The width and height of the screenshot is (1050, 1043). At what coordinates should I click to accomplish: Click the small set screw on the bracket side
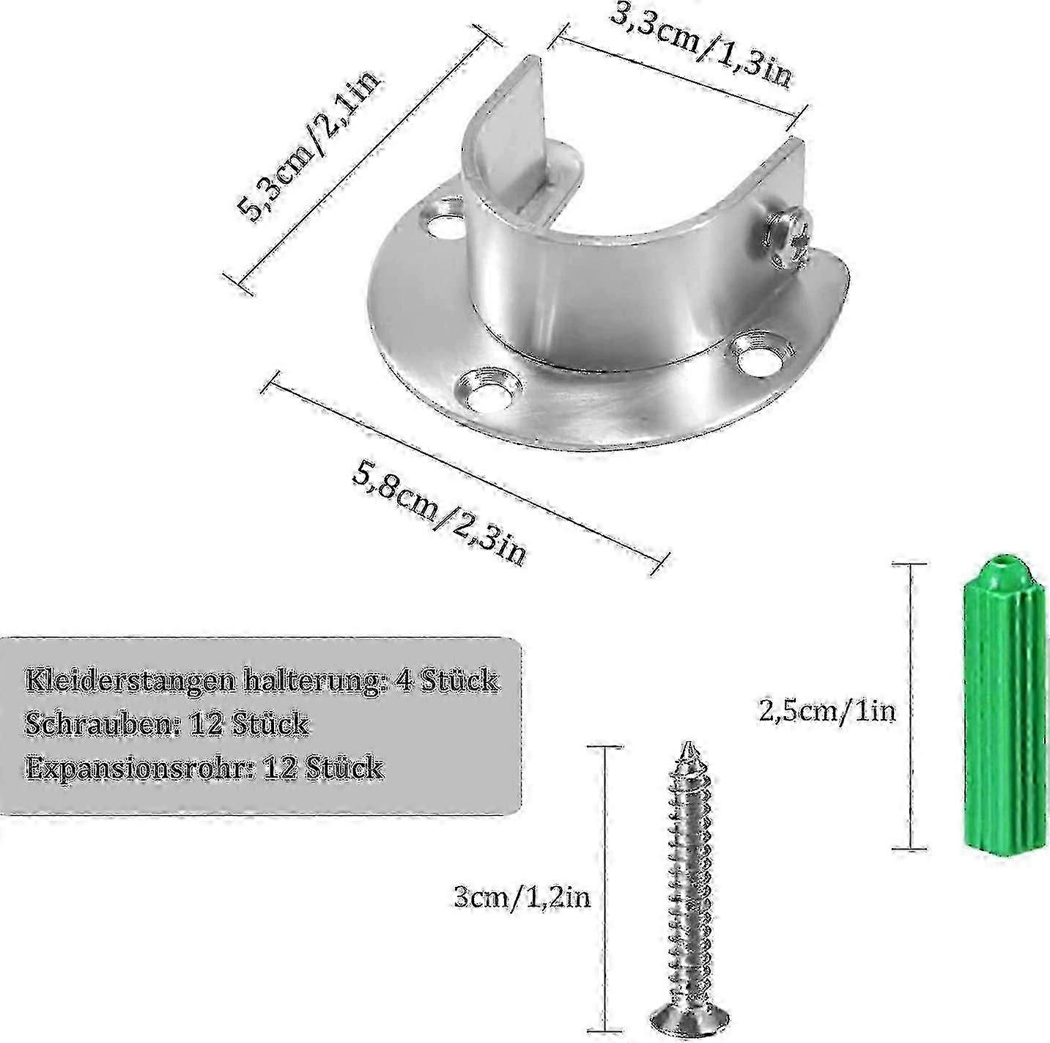click(x=785, y=237)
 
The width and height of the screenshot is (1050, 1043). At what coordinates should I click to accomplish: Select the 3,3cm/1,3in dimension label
click(x=700, y=43)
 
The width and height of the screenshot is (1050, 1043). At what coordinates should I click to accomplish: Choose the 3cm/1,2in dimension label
click(x=522, y=897)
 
